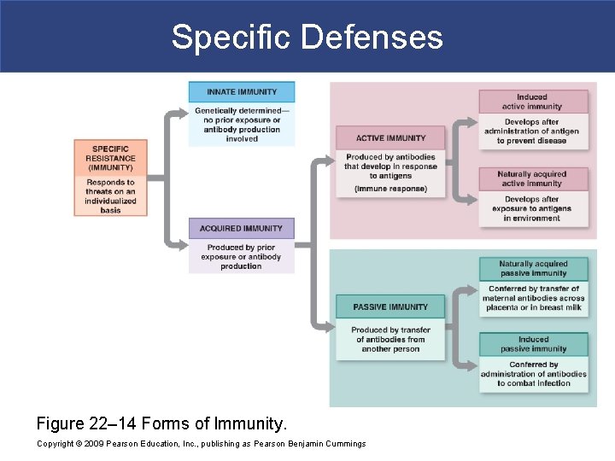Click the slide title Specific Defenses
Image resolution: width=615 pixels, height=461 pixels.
coord(307,38)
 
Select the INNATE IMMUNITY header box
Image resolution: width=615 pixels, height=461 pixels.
coord(241,92)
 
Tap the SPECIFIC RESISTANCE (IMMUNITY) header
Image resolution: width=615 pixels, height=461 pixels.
coord(110,157)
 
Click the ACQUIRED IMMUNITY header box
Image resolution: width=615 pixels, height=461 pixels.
coord(241,229)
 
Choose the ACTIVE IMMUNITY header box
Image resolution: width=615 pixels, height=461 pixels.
coord(390,138)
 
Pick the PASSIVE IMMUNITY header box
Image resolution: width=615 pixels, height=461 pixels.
coord(390,307)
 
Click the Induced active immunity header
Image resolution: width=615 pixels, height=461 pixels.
coord(532,102)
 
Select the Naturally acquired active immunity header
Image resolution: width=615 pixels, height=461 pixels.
coord(532,178)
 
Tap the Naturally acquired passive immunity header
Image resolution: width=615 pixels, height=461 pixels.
coord(533,269)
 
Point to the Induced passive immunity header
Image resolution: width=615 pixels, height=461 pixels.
coord(533,344)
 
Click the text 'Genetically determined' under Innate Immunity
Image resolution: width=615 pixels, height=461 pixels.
coord(241,112)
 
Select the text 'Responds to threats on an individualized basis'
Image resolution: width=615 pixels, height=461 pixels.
coord(110,196)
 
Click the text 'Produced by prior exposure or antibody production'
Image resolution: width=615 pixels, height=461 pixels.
coord(241,256)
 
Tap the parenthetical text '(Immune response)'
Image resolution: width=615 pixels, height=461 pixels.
coord(390,189)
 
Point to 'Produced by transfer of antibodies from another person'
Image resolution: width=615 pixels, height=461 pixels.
coord(390,339)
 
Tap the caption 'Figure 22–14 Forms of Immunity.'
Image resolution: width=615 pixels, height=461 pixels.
coord(161,423)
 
